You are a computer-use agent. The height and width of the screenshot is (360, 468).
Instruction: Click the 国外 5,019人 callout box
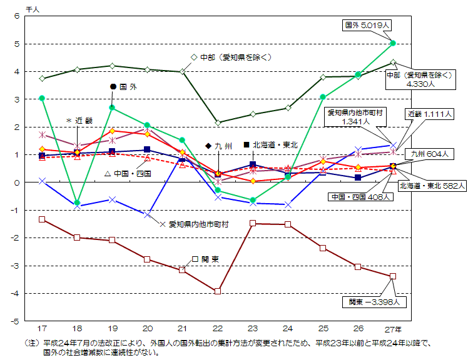click(x=369, y=26)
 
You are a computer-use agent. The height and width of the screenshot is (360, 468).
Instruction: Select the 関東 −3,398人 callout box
click(x=379, y=302)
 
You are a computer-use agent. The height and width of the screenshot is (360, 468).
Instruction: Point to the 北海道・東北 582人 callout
click(x=432, y=186)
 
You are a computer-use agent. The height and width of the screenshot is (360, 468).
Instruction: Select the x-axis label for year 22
click(x=218, y=328)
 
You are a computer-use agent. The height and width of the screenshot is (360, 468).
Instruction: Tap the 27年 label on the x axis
click(x=393, y=328)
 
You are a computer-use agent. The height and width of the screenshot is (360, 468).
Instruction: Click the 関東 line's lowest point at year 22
click(x=218, y=291)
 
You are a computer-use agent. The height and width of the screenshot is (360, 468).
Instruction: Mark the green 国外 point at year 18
click(x=77, y=203)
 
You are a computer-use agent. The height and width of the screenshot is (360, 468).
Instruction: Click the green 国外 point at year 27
click(x=393, y=43)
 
